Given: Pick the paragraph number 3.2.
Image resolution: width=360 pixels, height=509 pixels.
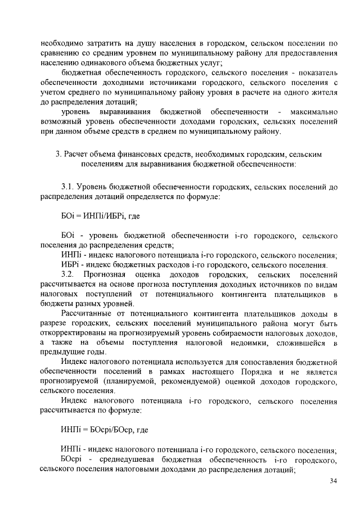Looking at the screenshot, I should point(68,274).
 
